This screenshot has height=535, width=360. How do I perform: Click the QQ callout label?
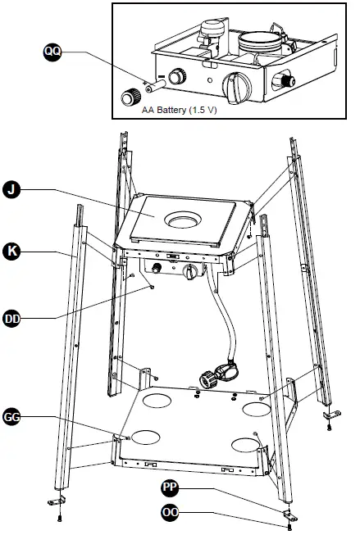pos(52,52)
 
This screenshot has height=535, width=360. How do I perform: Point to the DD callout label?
pos(11,316)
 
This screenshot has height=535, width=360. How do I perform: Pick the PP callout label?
pos(170,487)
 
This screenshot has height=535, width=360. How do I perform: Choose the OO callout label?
pos(170,515)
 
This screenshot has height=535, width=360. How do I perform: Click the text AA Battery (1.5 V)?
pos(180,108)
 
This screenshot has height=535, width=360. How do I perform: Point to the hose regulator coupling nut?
pos(208,379)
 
